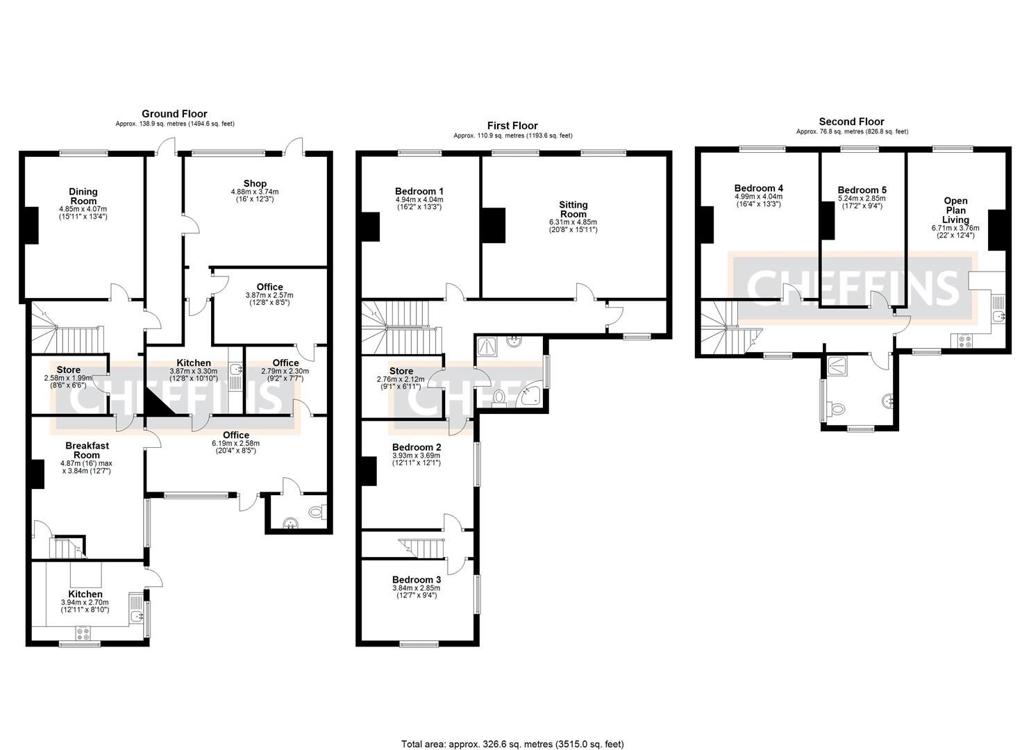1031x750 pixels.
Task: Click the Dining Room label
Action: [83, 196]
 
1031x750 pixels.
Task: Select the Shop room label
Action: [255, 183]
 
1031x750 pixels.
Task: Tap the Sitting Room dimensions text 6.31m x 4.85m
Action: [573, 223]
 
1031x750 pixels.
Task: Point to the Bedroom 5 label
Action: [862, 190]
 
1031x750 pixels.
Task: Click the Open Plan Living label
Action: [955, 210]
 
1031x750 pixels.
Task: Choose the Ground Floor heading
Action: [174, 114]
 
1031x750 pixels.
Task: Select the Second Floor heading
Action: [851, 122]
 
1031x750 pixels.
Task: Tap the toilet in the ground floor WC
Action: [317, 513]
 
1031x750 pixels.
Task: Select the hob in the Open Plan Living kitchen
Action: [965, 341]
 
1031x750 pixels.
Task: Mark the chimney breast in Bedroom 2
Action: [369, 472]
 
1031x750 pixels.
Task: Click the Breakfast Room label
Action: [87, 450]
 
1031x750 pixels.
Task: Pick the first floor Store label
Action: [401, 371]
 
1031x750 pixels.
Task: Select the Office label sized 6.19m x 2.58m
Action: [236, 435]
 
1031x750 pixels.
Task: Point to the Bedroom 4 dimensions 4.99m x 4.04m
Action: [759, 197]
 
